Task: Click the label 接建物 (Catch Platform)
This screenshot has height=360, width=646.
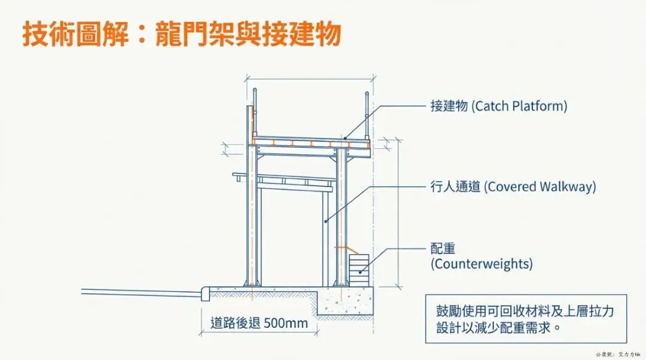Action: [498, 106]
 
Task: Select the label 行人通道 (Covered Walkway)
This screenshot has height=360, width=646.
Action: [513, 187]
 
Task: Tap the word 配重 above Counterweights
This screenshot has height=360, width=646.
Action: [443, 249]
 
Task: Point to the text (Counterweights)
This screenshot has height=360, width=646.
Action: [482, 264]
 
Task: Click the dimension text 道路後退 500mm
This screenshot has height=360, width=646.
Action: [260, 324]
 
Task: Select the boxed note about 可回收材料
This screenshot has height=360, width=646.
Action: [526, 319]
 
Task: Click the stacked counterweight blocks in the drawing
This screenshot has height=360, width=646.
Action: [359, 267]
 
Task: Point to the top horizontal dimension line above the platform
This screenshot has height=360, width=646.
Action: [310, 78]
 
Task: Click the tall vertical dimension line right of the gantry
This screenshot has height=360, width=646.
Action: [399, 212]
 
